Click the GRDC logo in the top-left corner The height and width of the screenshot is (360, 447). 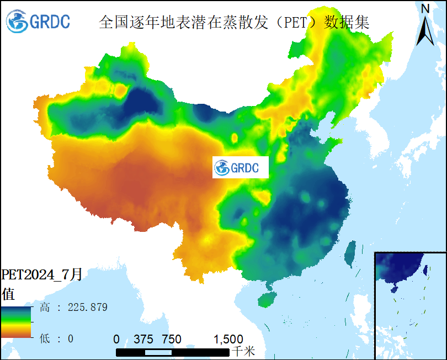click(38, 22)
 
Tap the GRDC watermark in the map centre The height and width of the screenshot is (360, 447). click(241, 167)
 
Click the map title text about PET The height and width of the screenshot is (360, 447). click(234, 22)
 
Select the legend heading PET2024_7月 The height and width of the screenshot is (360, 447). click(42, 274)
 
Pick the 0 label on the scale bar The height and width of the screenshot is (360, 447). click(116, 338)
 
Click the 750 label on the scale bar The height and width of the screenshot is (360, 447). click(172, 338)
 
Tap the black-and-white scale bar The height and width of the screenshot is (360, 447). click(173, 352)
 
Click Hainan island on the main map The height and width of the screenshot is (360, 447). click(268, 299)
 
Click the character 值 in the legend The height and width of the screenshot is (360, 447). click(8, 292)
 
